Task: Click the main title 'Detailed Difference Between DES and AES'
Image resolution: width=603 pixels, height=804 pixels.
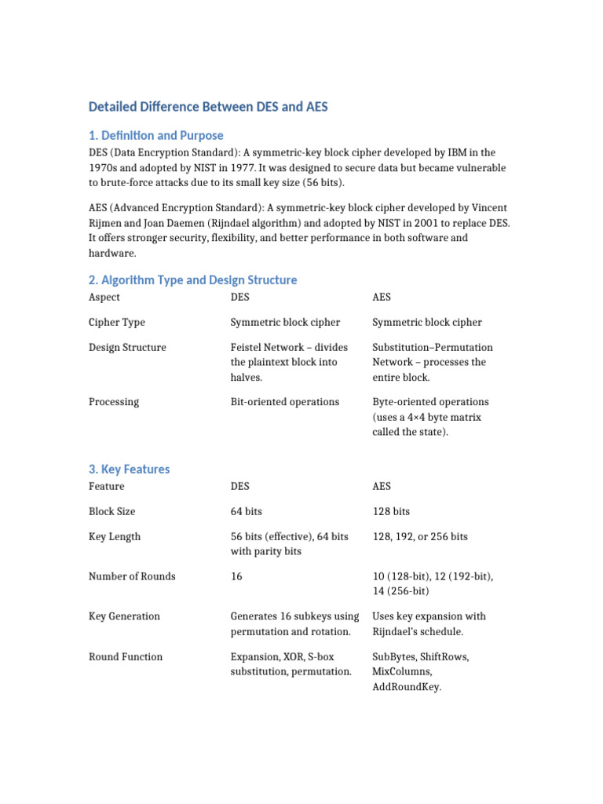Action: tap(207, 106)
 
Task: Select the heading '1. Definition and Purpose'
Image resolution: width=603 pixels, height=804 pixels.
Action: tap(155, 135)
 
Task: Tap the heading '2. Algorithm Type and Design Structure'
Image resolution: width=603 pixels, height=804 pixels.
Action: tap(192, 280)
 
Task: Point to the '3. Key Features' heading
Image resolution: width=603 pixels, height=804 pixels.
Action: tap(129, 469)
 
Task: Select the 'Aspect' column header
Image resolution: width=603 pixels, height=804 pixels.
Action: tap(104, 298)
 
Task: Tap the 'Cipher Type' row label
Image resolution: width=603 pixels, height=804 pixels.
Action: tap(116, 323)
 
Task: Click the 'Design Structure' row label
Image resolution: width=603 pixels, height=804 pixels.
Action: tap(127, 347)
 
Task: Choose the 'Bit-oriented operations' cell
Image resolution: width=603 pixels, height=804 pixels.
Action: tap(284, 402)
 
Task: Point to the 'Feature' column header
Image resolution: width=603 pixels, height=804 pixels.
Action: tap(106, 487)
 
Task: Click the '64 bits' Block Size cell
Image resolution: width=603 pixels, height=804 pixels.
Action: tap(246, 511)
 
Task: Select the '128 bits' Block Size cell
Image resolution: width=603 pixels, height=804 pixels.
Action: tap(391, 511)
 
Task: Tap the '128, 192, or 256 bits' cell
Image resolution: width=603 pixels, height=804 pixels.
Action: tap(419, 536)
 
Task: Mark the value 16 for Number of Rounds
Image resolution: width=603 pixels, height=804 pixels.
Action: tap(236, 576)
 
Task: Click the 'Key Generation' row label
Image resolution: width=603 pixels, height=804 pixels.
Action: tap(124, 616)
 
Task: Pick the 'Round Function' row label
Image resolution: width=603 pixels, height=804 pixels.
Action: tap(126, 656)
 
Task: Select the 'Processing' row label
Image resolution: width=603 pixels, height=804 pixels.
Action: tap(114, 402)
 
